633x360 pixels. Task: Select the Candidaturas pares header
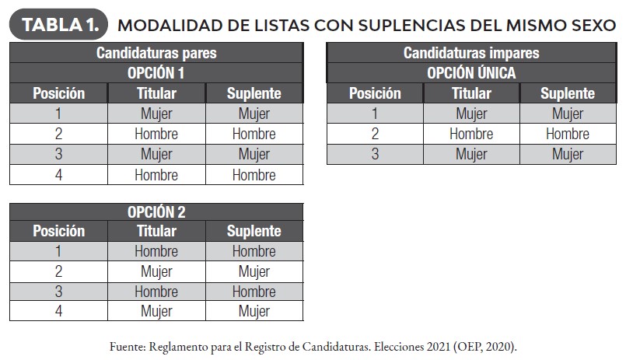point(156,53)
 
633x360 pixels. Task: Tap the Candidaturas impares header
point(471,53)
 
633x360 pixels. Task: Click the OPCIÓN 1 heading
point(156,73)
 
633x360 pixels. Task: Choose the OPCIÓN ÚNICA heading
point(471,73)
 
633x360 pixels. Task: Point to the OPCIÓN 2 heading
point(156,211)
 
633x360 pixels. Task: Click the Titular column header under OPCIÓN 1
point(156,93)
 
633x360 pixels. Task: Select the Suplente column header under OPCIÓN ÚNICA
point(567,93)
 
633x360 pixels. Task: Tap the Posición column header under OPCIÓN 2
point(58,231)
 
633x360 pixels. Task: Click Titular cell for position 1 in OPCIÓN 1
point(156,114)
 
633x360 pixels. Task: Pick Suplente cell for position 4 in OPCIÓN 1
point(254,175)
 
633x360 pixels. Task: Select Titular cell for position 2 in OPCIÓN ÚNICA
point(471,134)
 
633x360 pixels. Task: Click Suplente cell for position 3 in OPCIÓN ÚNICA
point(567,154)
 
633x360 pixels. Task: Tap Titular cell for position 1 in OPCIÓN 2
point(156,251)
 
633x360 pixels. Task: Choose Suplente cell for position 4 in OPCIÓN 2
point(254,312)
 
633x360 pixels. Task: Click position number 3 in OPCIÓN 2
point(58,292)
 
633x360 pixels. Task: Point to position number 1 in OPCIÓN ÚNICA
point(375,114)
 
